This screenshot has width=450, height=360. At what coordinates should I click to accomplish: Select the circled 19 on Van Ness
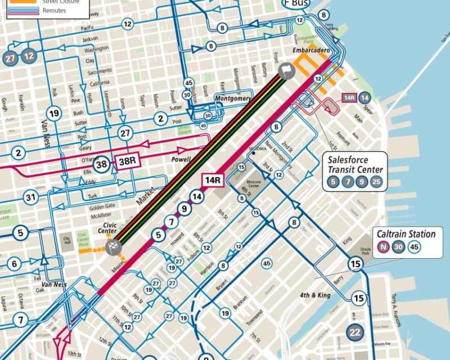[54, 114]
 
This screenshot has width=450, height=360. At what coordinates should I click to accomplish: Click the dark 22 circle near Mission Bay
[354, 332]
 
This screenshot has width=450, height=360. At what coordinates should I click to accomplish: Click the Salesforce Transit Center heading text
[355, 164]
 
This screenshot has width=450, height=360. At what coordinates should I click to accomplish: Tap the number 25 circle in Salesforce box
[376, 182]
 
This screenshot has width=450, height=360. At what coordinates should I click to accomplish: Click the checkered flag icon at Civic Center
[112, 248]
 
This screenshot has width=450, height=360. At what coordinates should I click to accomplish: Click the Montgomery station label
[232, 98]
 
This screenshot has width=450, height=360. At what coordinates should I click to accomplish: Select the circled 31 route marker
[30, 197]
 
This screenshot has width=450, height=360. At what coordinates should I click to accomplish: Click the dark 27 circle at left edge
[10, 58]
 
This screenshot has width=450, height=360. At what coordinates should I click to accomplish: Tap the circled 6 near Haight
[15, 264]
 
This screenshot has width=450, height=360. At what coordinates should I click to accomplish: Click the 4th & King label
[314, 295]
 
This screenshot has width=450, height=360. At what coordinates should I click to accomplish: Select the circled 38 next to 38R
[102, 164]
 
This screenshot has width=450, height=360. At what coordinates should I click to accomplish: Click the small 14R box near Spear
[349, 97]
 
